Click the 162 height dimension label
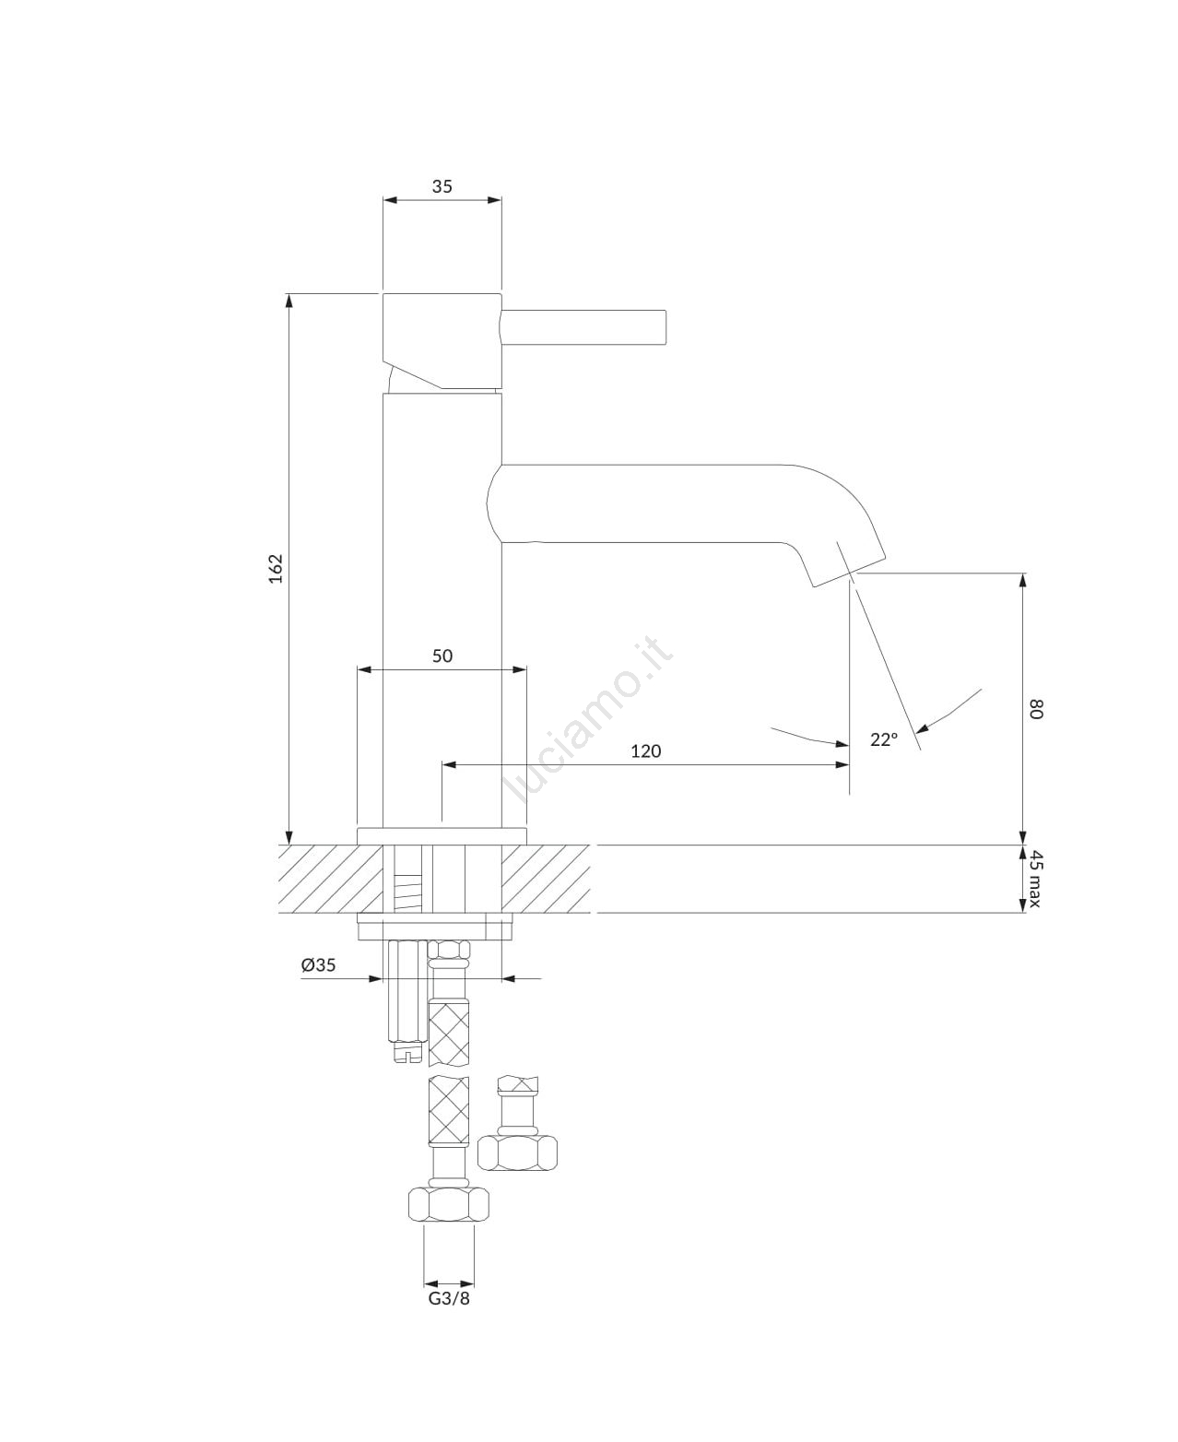tap(276, 568)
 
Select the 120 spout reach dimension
tap(645, 751)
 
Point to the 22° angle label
tap(883, 739)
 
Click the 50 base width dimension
tap(442, 656)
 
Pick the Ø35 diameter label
tap(319, 964)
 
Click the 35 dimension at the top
tap(442, 186)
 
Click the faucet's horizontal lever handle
tap(583, 326)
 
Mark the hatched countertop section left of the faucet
tap(330, 880)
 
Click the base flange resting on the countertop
tap(442, 836)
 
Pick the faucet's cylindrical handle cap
tap(442, 342)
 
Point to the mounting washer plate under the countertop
tap(435, 928)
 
